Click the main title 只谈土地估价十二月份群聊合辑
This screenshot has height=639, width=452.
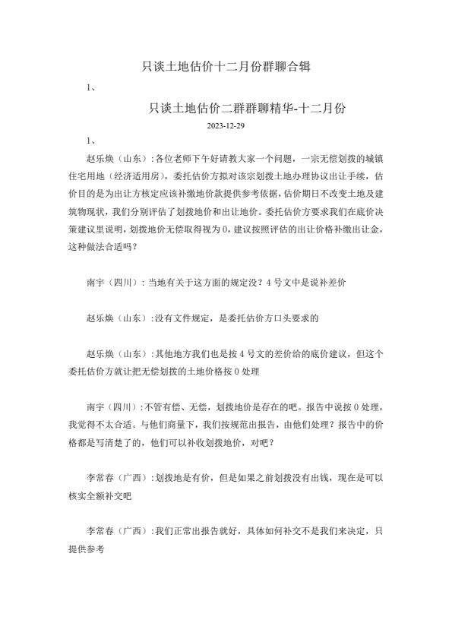(x=226, y=67)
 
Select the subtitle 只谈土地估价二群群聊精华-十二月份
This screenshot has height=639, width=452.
(x=247, y=108)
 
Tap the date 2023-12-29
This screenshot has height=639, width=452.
(x=225, y=125)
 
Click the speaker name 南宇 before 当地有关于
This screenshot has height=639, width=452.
(x=96, y=283)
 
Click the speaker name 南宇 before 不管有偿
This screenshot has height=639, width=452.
(x=96, y=408)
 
